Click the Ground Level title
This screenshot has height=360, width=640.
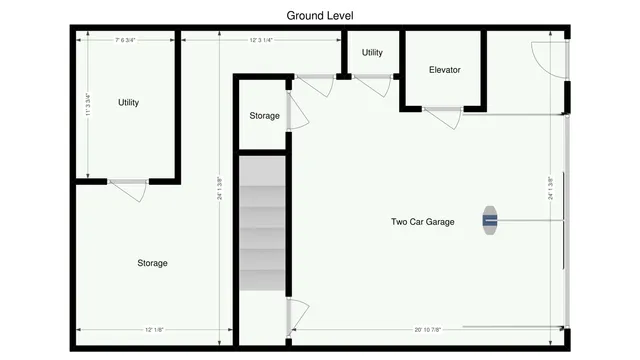pyautogui.click(x=320, y=15)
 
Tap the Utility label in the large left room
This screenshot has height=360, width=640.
pyautogui.click(x=128, y=103)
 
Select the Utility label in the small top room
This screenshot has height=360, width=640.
pyautogui.click(x=372, y=53)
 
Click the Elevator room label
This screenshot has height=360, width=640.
pyautogui.click(x=444, y=70)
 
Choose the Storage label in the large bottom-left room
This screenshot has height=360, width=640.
pyautogui.click(x=152, y=263)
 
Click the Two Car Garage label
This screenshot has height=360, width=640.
pyautogui.click(x=422, y=222)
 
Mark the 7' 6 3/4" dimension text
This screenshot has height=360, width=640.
pyautogui.click(x=125, y=40)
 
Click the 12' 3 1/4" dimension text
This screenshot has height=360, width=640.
pyautogui.click(x=260, y=40)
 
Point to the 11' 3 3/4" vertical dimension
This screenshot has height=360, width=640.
pyautogui.click(x=88, y=106)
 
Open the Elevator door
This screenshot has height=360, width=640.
pyautogui.click(x=442, y=117)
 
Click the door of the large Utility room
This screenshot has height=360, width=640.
pyautogui.click(x=128, y=187)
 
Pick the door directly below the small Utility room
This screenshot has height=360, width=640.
pyautogui.click(x=371, y=85)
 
